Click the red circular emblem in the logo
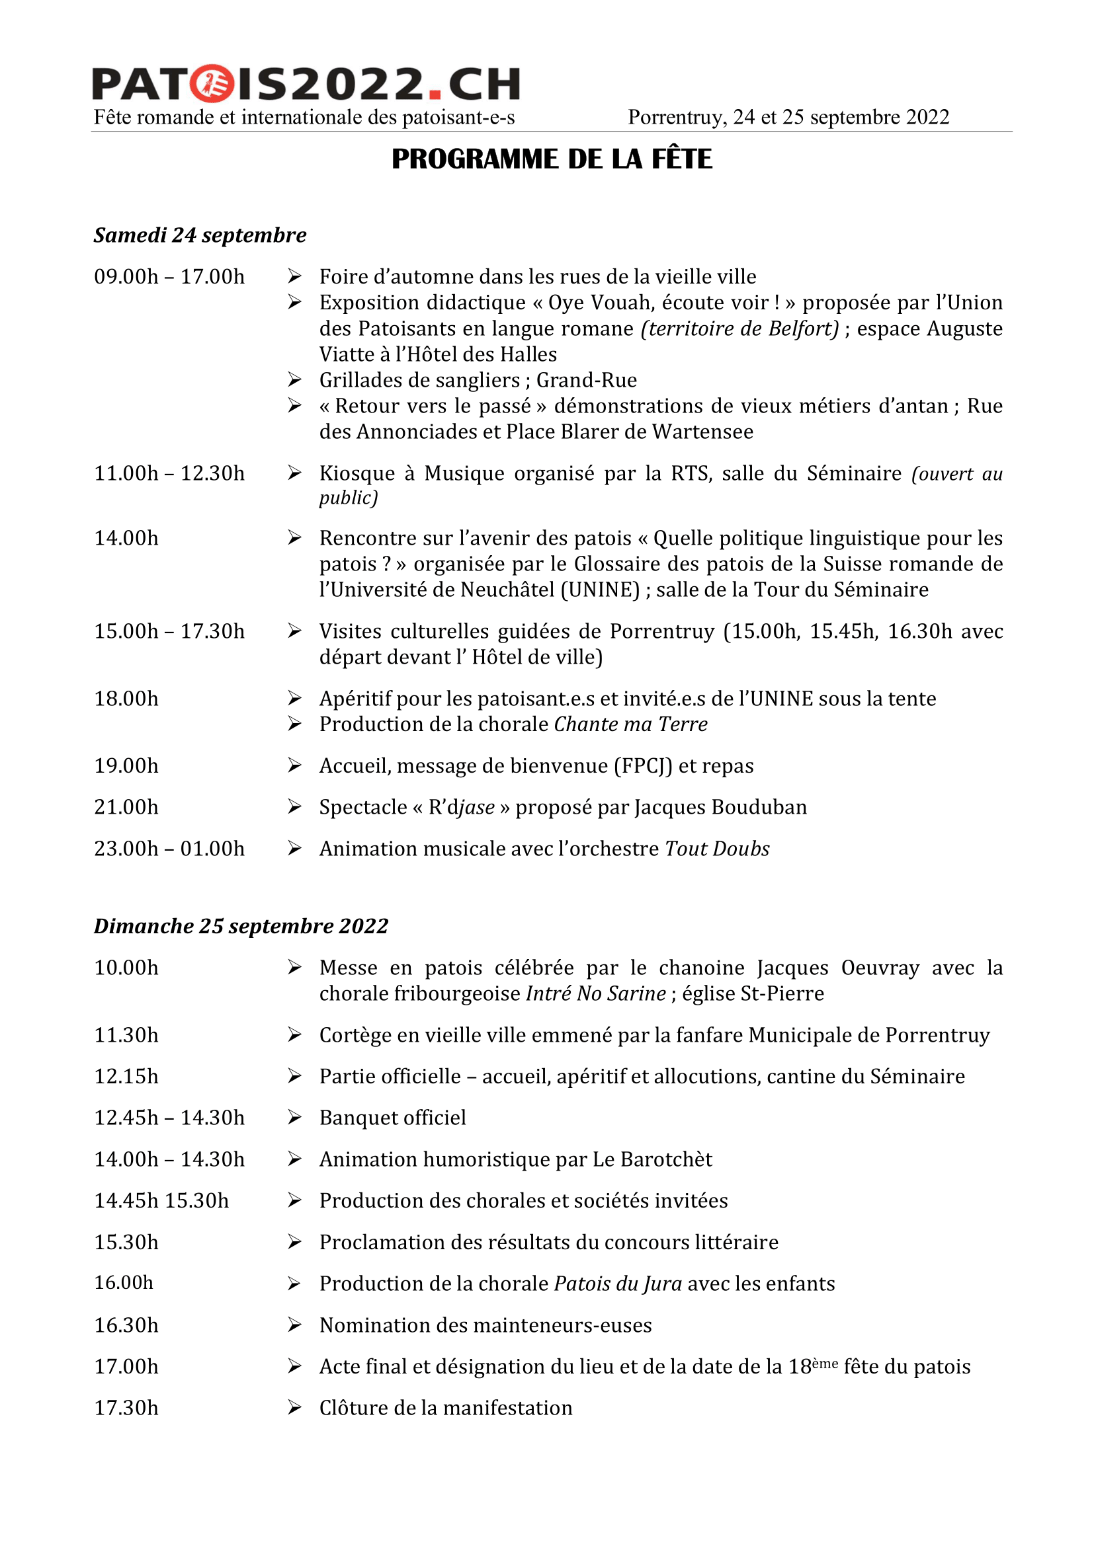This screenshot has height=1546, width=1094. [x=211, y=84]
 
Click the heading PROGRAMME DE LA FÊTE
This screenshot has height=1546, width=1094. [x=552, y=159]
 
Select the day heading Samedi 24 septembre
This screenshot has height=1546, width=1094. [x=200, y=235]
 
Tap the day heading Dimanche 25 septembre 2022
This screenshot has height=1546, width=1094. [x=241, y=926]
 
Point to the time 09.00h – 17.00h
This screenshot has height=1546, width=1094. [x=169, y=277]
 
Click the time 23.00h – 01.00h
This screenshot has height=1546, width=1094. [x=169, y=849]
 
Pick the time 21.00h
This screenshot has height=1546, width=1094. [x=126, y=806]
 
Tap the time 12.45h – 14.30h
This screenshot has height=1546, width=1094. [x=169, y=1118]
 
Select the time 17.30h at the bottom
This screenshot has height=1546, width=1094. [x=126, y=1408]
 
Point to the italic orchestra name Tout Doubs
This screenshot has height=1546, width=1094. [x=717, y=849]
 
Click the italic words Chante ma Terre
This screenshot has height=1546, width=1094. [x=630, y=724]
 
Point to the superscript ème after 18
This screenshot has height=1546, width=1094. [x=825, y=1362]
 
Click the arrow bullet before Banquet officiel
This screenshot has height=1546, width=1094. [x=294, y=1118]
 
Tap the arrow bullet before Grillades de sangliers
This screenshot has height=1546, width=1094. [x=294, y=380]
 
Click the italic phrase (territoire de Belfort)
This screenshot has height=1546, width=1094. [x=740, y=329]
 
